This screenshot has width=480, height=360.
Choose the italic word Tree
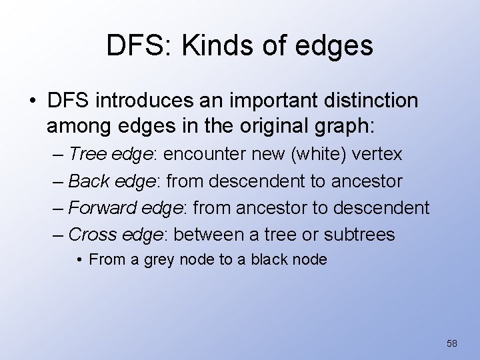point(86,155)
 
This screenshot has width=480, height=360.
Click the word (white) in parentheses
point(315,155)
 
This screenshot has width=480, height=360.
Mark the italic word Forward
point(98,208)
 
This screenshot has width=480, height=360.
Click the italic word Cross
point(89,235)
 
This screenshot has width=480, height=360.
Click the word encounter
point(206,155)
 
